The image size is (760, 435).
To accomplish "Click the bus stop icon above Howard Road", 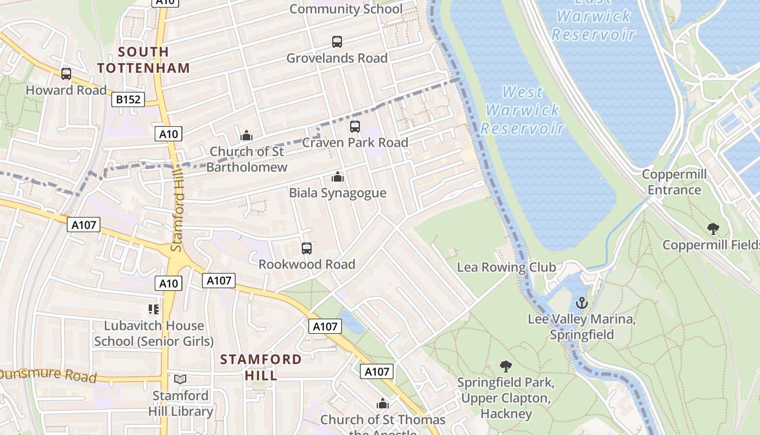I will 66,74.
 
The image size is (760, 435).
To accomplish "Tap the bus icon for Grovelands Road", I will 337,42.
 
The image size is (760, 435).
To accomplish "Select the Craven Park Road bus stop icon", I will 355,127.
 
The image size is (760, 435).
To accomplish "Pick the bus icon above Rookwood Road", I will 307,248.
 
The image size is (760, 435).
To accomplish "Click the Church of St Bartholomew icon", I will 246,135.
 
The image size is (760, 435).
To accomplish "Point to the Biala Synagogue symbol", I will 338,177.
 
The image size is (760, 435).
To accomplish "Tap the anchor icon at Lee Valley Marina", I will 582,303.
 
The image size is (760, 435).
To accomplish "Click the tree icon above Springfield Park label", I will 506,366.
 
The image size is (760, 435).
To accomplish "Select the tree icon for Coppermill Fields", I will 713,229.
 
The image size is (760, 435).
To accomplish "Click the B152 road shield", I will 128,100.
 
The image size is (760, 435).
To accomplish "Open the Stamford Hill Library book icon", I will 180,380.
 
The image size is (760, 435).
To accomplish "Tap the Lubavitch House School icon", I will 154,309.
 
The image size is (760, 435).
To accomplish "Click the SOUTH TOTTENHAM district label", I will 144,60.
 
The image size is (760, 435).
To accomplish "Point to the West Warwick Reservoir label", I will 523,110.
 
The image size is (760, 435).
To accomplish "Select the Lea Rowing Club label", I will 506,267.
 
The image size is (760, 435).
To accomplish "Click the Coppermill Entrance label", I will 674,182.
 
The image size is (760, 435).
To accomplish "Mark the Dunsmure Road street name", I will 48,375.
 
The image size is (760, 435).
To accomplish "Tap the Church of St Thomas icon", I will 383,404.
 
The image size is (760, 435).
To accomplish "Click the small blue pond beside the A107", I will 351,322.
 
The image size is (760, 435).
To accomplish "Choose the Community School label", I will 346,9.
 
